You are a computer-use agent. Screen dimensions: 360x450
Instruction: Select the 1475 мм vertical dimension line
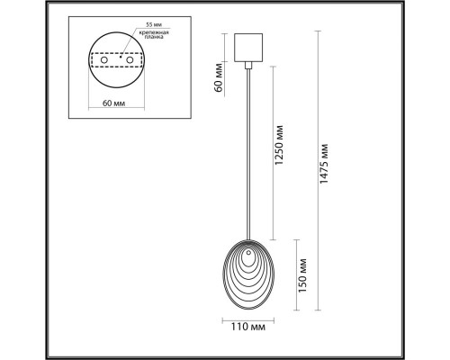tap(315, 180)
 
